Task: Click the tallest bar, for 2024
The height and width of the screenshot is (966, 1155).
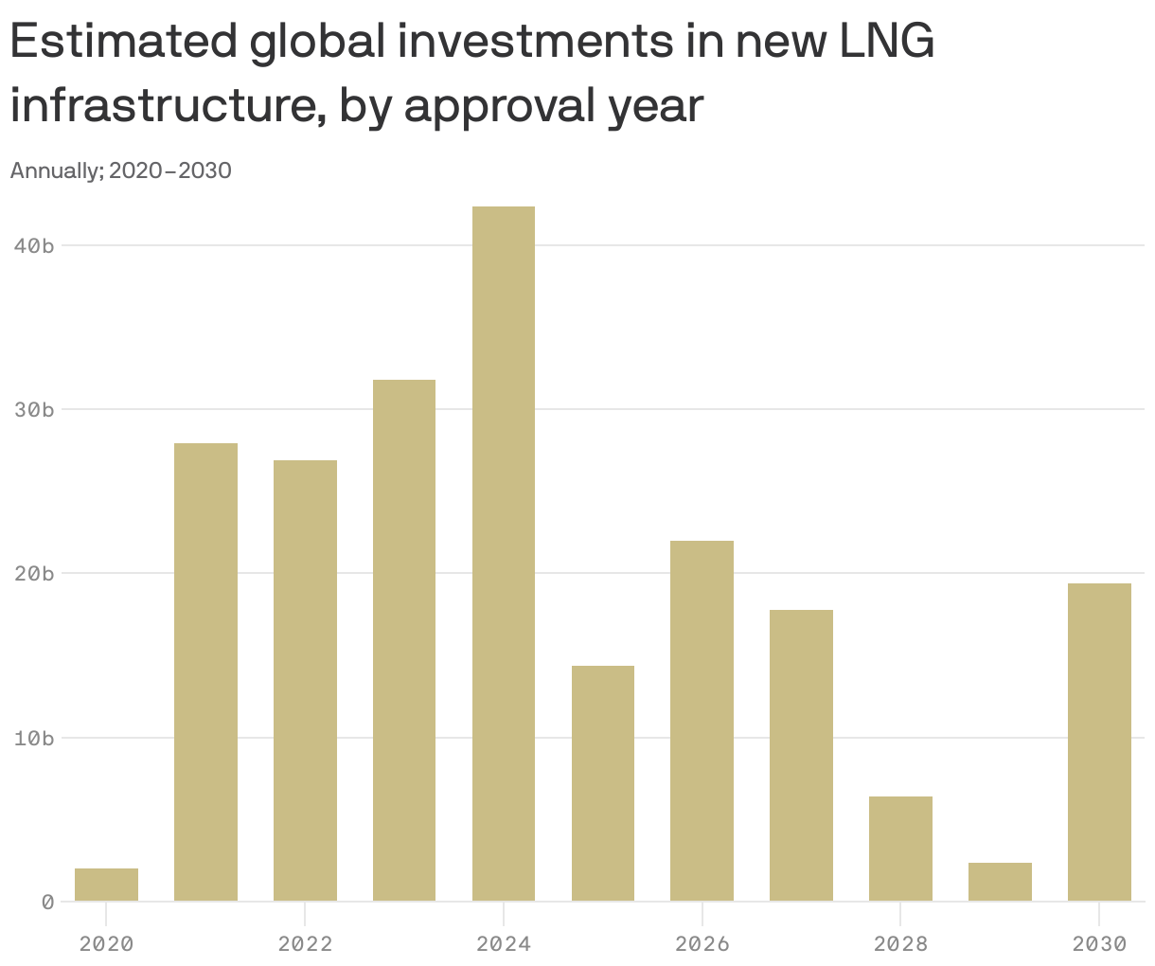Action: click(503, 553)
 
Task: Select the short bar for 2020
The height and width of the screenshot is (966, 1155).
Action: click(106, 885)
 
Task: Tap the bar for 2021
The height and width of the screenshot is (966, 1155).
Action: click(205, 671)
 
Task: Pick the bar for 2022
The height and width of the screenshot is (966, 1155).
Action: click(305, 680)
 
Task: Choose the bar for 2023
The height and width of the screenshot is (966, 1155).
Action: click(404, 640)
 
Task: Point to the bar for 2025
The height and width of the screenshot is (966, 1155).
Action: click(603, 783)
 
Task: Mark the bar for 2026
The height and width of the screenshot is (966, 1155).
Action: click(702, 721)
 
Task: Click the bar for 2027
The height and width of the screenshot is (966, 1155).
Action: click(801, 755)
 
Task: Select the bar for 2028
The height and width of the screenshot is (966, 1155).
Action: click(900, 849)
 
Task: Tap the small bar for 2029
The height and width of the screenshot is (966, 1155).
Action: click(1000, 882)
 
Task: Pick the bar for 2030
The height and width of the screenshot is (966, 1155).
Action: click(1099, 742)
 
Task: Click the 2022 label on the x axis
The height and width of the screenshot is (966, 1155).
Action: click(305, 943)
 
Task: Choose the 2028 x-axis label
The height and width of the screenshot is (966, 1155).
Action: click(900, 943)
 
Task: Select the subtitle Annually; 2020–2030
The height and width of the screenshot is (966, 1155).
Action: click(120, 171)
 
